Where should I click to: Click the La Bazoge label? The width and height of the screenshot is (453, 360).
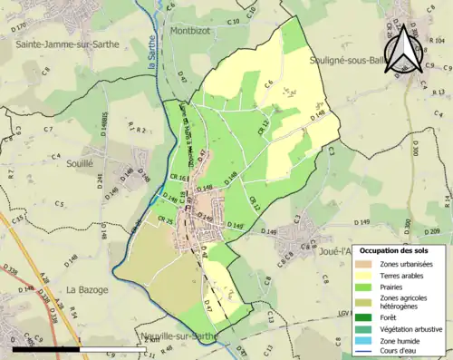86,290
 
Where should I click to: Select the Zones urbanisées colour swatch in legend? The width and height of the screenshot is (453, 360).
363,264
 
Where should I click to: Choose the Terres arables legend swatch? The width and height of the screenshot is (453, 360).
363,276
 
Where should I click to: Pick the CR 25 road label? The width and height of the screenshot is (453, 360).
164,220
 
